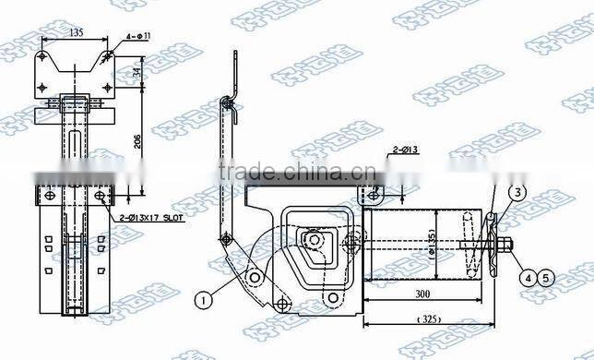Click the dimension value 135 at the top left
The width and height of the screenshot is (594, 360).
click(77, 30)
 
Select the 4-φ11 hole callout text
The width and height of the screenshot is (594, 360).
click(134, 38)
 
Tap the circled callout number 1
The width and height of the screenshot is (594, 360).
click(203, 298)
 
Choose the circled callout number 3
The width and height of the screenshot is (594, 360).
click(519, 192)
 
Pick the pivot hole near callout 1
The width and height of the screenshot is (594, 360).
click(251, 278)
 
